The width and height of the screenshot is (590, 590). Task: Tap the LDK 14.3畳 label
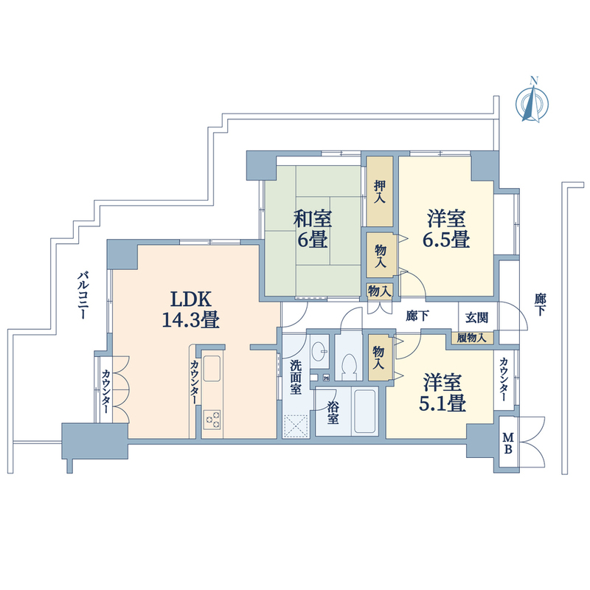(191, 309)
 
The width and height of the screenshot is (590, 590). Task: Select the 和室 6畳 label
(312, 229)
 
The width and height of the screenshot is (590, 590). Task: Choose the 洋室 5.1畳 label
(442, 393)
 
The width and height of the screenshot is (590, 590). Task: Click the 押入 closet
(380, 192)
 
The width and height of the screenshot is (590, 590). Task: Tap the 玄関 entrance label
(476, 318)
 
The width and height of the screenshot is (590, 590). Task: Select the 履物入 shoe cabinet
(472, 338)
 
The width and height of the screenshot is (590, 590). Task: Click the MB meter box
(508, 443)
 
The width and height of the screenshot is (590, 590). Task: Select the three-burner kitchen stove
(212, 419)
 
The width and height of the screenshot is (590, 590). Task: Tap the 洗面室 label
(296, 377)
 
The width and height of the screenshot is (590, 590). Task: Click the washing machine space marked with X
(296, 426)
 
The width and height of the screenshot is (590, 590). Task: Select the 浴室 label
(333, 413)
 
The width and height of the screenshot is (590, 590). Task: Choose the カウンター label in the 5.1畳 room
(504, 380)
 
